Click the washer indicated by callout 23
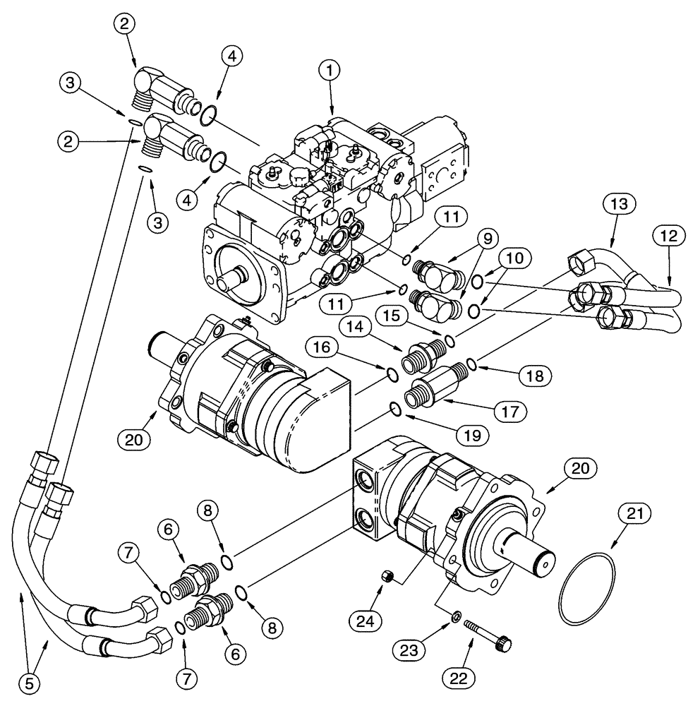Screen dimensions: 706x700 458,618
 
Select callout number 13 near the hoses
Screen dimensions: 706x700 620,205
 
